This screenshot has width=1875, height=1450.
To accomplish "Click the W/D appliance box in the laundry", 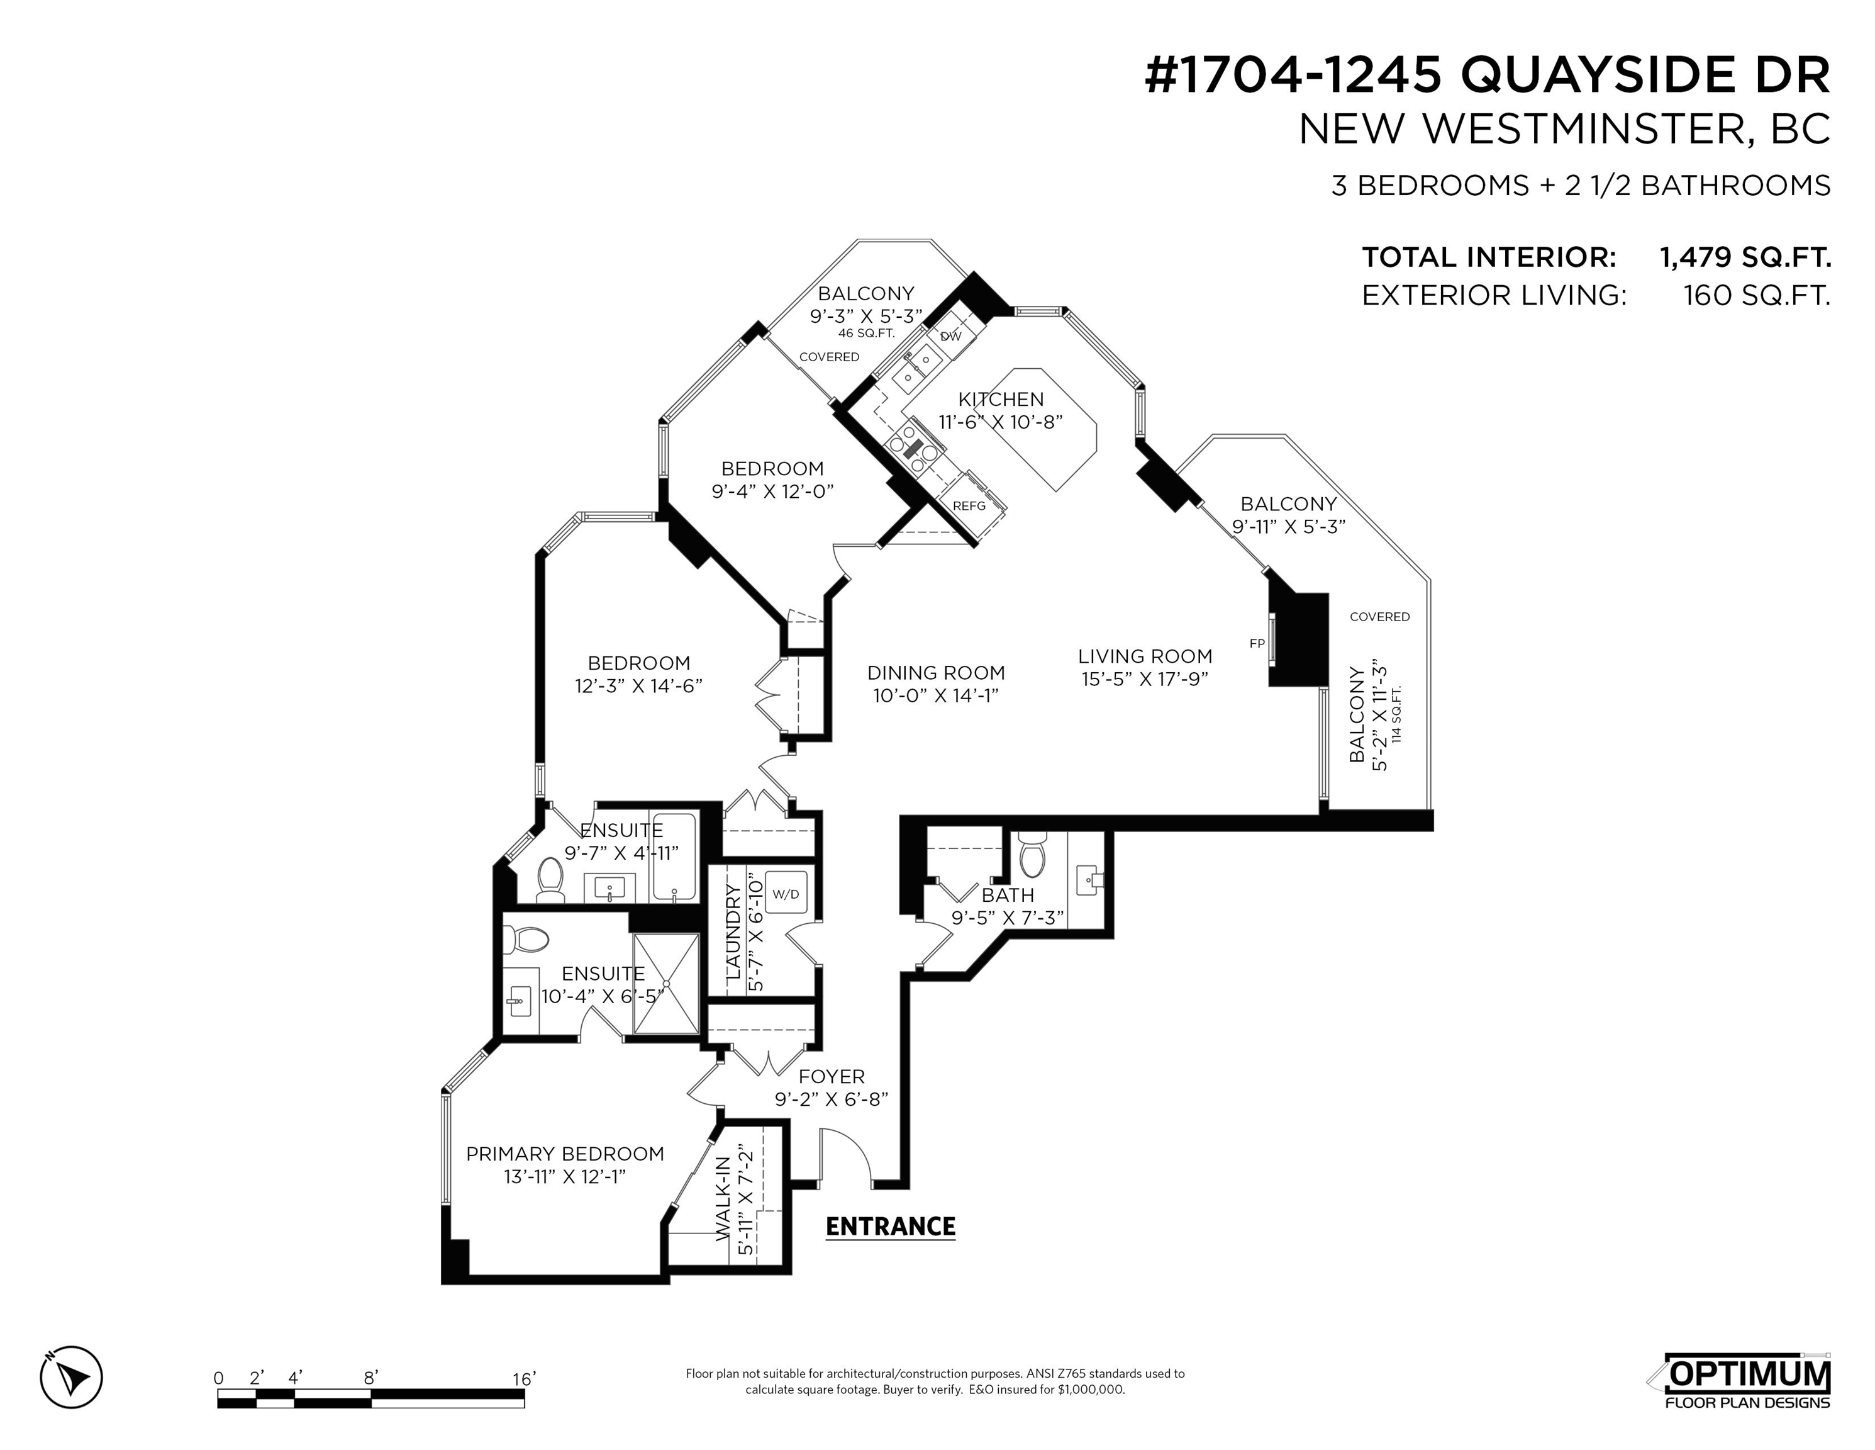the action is [x=786, y=894].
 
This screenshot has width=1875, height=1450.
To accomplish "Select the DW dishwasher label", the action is [x=950, y=337].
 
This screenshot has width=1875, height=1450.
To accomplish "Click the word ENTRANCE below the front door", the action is [x=890, y=1227].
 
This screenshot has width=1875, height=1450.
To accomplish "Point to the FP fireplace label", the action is [x=1257, y=643].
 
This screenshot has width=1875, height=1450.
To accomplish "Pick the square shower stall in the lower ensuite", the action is [x=666, y=984].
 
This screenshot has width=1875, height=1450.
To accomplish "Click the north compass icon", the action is [x=71, y=1378].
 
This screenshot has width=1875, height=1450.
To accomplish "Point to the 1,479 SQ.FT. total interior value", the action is [x=1745, y=257].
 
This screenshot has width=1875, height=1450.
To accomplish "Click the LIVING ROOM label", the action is [x=1145, y=656].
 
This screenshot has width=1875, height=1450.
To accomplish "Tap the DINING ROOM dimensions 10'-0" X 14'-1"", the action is [x=936, y=696].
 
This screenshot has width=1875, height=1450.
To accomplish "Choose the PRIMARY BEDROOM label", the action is [x=565, y=1154].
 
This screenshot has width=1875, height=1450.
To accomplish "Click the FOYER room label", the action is [x=831, y=1076].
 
